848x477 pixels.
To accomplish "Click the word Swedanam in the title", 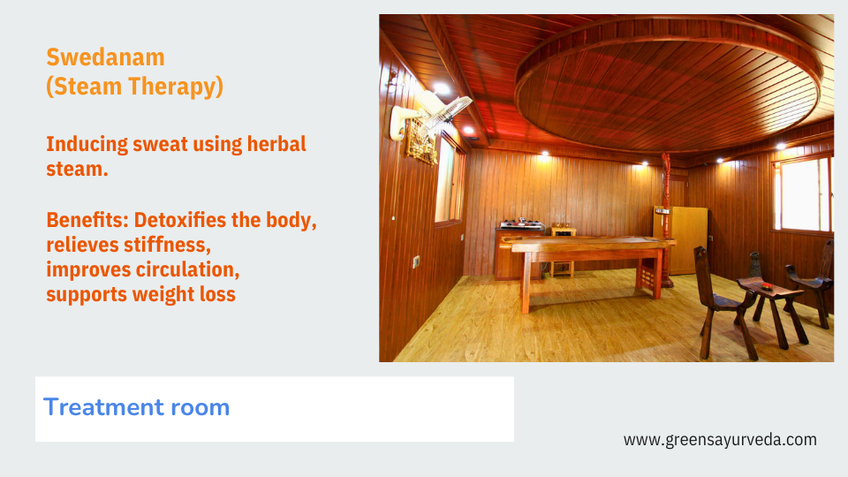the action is tap(105, 57).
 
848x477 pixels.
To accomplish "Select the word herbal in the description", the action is tap(276, 144).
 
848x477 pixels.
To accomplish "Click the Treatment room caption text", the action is tap(136, 407).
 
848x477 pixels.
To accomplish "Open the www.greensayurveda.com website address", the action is tap(720, 440).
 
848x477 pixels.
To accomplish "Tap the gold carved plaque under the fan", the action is tap(420, 143).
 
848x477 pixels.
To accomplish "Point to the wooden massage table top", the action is tap(587, 245).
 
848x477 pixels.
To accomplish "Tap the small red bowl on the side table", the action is tap(768, 285).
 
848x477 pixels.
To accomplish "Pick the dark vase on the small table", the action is tap(754, 264).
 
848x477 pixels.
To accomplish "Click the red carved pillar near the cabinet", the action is tap(666, 220).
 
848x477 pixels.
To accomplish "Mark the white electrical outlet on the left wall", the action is tap(416, 261).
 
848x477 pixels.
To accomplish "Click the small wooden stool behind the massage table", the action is tap(563, 253).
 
